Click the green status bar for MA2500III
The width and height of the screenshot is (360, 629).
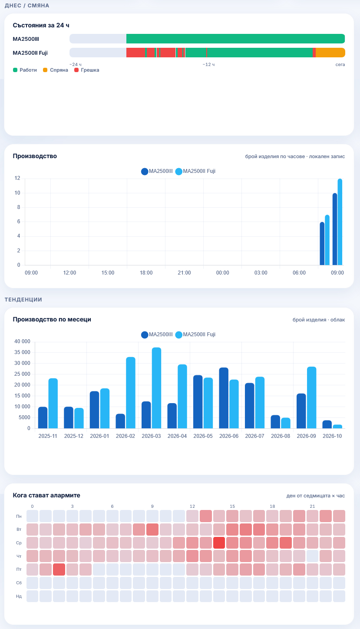pyautogui.click(x=235, y=39)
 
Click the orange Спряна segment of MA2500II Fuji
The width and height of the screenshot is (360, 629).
pyautogui.click(x=330, y=53)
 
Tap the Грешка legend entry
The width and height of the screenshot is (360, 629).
pyautogui.click(x=86, y=70)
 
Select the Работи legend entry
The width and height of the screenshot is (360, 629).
pyautogui.click(x=25, y=70)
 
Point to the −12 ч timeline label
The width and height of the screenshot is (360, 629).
pyautogui.click(x=208, y=65)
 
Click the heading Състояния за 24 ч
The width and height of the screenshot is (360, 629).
pyautogui.click(x=41, y=25)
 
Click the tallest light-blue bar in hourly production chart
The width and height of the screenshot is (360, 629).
pyautogui.click(x=340, y=222)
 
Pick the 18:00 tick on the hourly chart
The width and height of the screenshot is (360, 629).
pyautogui.click(x=146, y=273)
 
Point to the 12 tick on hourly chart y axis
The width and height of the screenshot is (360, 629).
pyautogui.click(x=17, y=178)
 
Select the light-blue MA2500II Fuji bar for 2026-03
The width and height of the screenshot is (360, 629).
pyautogui.click(x=156, y=388)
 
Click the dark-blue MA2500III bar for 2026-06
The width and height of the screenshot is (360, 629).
pyautogui.click(x=224, y=398)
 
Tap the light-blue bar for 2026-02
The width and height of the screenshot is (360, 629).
pyautogui.click(x=131, y=393)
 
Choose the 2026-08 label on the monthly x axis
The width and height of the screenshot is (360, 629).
pyautogui.click(x=281, y=436)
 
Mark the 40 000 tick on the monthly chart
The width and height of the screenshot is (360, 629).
pyautogui.click(x=22, y=341)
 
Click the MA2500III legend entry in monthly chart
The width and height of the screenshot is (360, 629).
pyautogui.click(x=157, y=334)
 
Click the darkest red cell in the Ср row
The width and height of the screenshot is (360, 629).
pyautogui.click(x=219, y=543)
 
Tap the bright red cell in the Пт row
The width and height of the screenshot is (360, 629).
pyautogui.click(x=59, y=569)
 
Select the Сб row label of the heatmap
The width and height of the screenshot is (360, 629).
pyautogui.click(x=19, y=583)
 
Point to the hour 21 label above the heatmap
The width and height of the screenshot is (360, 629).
pyautogui.click(x=312, y=507)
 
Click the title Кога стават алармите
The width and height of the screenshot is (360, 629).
pyautogui.click(x=46, y=495)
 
